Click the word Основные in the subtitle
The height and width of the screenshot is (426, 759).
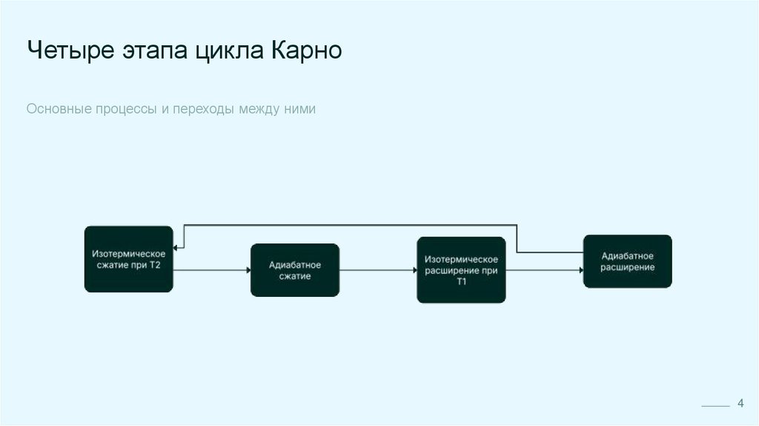58,109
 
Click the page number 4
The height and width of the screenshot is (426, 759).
740,403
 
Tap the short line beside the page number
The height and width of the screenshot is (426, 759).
715,407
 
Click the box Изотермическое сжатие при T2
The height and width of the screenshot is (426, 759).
128,259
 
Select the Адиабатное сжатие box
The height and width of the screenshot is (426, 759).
294,270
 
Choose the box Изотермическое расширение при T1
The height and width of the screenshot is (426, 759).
461,270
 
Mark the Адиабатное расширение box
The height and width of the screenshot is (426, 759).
627,261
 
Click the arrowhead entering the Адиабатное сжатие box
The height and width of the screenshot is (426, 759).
248,270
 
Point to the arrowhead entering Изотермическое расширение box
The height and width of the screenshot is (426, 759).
414,270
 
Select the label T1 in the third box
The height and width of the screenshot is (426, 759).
461,282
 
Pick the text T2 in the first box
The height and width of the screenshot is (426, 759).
155,265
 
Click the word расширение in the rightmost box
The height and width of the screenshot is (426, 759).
627,267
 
